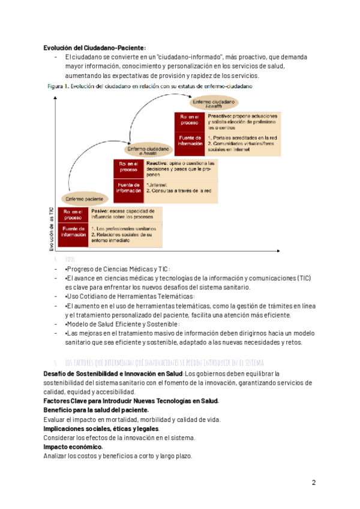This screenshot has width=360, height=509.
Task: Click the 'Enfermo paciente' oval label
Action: click(x=84, y=198)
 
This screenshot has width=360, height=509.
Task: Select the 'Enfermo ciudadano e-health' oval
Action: click(x=146, y=149)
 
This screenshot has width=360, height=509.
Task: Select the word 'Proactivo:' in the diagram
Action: click(x=220, y=115)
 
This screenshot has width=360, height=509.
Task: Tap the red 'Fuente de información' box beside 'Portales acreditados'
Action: click(x=190, y=140)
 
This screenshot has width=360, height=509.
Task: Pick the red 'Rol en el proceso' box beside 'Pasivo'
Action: click(x=73, y=214)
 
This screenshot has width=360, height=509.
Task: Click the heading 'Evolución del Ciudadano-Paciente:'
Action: click(x=95, y=48)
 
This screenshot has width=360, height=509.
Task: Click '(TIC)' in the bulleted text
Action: click(x=303, y=279)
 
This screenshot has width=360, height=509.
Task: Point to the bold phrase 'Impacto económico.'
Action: click(x=73, y=447)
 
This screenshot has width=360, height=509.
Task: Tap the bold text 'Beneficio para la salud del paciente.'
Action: click(x=96, y=410)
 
